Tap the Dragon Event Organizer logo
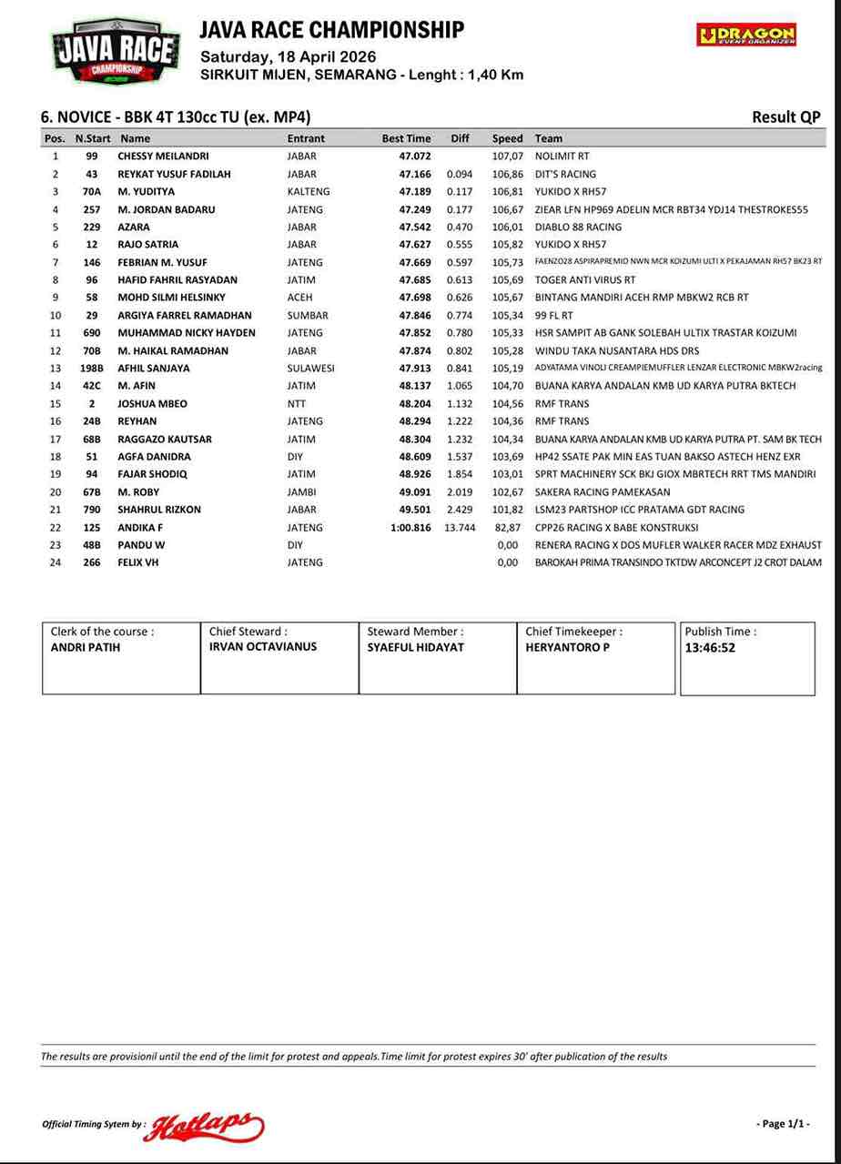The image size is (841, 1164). pyautogui.click(x=746, y=35)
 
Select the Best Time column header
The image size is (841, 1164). pyautogui.click(x=406, y=138)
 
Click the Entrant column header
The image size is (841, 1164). pyautogui.click(x=306, y=138)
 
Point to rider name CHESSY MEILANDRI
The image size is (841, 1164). pyautogui.click(x=163, y=156)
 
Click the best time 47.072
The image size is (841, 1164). pyautogui.click(x=415, y=156)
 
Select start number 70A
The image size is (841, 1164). pyautogui.click(x=92, y=191)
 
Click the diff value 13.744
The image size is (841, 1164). pyautogui.click(x=460, y=527)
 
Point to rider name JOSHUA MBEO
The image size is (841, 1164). pyautogui.click(x=152, y=403)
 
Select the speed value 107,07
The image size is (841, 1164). pyautogui.click(x=508, y=156)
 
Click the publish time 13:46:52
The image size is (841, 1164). pyautogui.click(x=710, y=648)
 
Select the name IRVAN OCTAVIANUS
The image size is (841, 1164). pyautogui.click(x=263, y=646)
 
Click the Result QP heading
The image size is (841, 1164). pyautogui.click(x=785, y=116)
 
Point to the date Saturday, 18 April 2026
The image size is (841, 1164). pyautogui.click(x=288, y=56)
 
